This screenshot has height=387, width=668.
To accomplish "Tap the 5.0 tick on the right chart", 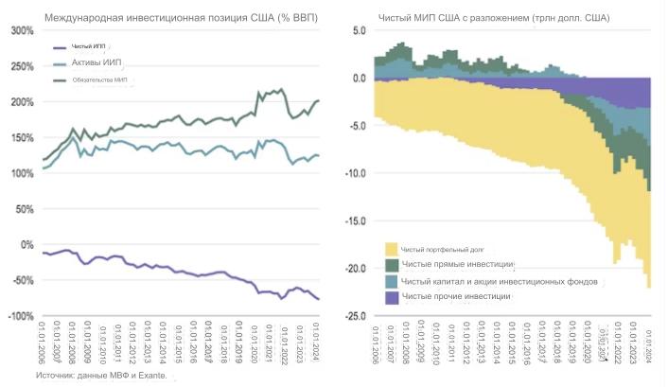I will pos(358,30).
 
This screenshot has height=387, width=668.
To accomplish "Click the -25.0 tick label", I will pos(354,315).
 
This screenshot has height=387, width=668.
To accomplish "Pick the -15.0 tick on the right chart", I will pos(354,220).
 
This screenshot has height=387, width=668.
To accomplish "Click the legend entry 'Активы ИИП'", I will pos(97,62).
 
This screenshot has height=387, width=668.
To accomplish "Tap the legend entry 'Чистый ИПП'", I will pos(88,45).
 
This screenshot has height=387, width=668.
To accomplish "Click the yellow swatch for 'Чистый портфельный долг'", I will pos(391,249).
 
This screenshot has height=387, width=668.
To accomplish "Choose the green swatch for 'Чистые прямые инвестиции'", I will pos(391,264).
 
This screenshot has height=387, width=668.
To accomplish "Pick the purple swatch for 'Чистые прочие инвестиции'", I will pos(391,297).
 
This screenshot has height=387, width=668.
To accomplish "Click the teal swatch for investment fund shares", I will pos(391,281).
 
